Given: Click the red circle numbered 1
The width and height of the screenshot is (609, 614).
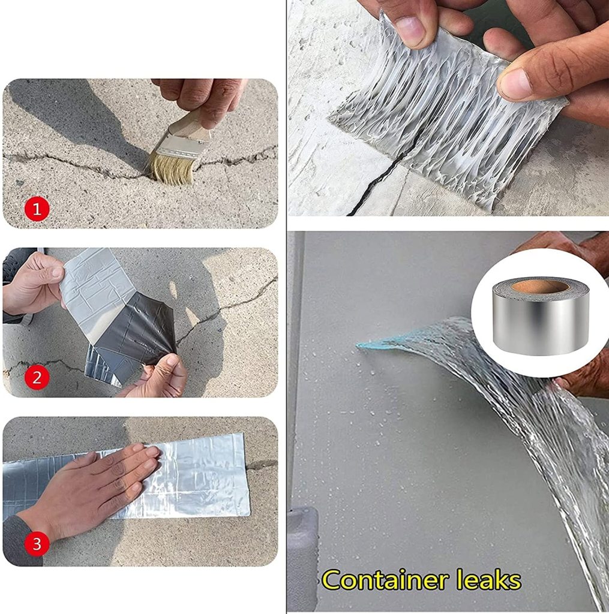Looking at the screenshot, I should [37, 209].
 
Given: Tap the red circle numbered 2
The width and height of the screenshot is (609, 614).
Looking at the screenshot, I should [37, 378].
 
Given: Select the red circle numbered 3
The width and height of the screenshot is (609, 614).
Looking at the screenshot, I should [37, 544].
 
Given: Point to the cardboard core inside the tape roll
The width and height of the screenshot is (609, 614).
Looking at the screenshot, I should [541, 287].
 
